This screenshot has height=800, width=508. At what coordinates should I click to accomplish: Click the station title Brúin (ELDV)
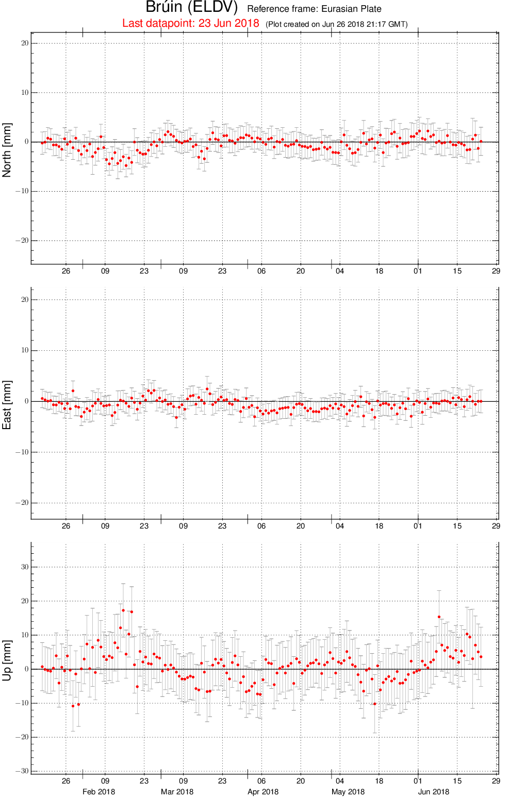pyautogui.click(x=192, y=7)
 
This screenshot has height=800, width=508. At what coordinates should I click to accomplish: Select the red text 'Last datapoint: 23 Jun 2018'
pyautogui.click(x=190, y=23)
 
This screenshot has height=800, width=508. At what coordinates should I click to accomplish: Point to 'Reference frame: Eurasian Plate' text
pyautogui.click(x=314, y=9)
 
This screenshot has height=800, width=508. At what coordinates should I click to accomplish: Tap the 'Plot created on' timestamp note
pyautogui.click(x=336, y=24)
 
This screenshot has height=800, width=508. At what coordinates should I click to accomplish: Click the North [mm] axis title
pyautogui.click(x=7, y=150)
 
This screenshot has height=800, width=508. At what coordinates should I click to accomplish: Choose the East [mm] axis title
pyautogui.click(x=7, y=405)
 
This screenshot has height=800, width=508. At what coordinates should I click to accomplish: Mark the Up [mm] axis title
pyautogui.click(x=7, y=660)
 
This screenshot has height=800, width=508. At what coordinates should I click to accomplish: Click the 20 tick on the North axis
pyautogui.click(x=25, y=43)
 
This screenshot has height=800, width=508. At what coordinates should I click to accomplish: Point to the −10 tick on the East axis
pyautogui.click(x=22, y=452)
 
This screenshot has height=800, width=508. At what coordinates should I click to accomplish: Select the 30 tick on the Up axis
pyautogui.click(x=25, y=567)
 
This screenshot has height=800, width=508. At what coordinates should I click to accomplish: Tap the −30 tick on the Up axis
pyautogui.click(x=22, y=771)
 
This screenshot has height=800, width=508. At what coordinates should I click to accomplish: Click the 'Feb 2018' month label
pyautogui.click(x=99, y=792)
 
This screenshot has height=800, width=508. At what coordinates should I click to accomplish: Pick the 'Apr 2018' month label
pyautogui.click(x=263, y=792)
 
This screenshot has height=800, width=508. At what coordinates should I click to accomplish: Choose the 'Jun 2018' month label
pyautogui.click(x=434, y=792)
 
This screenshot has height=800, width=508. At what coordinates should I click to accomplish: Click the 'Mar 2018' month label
pyautogui.click(x=177, y=792)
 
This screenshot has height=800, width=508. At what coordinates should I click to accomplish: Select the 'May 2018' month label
pyautogui.click(x=348, y=792)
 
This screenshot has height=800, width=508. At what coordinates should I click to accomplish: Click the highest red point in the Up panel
pyautogui.click(x=123, y=610)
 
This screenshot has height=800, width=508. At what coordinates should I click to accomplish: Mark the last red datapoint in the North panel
pyautogui.click(x=481, y=142)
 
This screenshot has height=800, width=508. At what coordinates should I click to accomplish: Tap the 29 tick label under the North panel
pyautogui.click(x=496, y=271)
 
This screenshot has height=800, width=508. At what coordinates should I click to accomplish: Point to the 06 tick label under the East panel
pyautogui.click(x=261, y=526)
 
